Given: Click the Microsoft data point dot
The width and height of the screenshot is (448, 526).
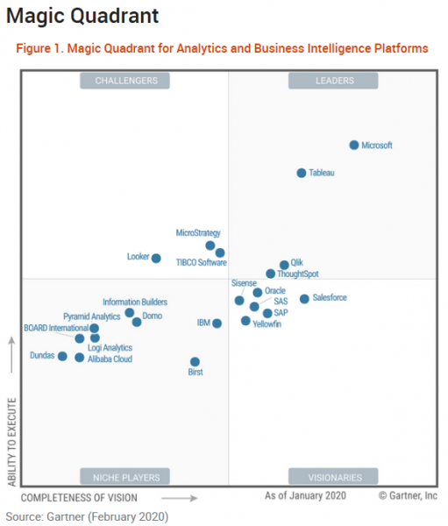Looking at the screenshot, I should tap(354, 146).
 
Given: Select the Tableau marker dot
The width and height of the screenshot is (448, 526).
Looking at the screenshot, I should tap(302, 174).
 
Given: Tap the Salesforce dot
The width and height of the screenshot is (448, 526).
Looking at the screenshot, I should tap(304, 299).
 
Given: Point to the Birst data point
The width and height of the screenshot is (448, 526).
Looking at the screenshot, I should tap(195, 361).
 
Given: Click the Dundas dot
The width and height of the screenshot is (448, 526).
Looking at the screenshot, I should tap(62, 356).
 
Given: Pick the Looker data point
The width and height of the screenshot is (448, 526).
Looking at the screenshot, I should tap(156, 258).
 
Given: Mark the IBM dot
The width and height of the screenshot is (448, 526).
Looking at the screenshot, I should tap(217, 323).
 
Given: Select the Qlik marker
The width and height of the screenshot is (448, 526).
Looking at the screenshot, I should tap(284, 265).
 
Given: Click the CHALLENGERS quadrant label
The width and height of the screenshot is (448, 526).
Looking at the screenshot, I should tap(124, 82).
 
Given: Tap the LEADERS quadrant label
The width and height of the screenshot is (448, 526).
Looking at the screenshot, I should tap(334, 82).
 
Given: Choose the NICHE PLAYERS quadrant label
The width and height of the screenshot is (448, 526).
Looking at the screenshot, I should tap(125, 478).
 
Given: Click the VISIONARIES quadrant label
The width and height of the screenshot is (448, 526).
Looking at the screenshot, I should tap(335, 478).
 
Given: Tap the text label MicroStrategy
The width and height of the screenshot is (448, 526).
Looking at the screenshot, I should tap(198, 233).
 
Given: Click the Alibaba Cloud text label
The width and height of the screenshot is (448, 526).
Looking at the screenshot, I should tap(110, 359).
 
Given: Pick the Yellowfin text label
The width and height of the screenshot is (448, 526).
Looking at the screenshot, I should tap(267, 324).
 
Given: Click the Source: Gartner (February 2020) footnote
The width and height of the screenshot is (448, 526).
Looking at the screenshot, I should tap(86, 516).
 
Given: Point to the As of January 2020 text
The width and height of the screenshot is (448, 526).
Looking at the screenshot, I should tap(305, 496).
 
